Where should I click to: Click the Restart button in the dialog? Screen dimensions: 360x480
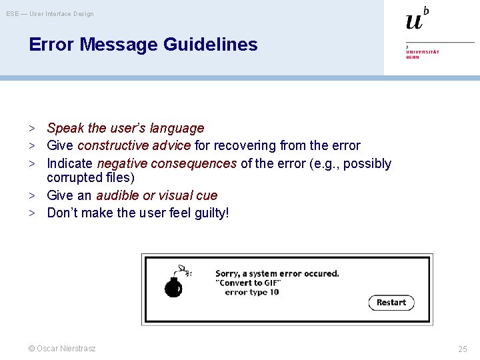pyautogui.click(x=391, y=303)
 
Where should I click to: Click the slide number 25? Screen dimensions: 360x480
pyautogui.click(x=463, y=349)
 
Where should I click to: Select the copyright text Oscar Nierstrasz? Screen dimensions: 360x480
pyautogui.click(x=61, y=349)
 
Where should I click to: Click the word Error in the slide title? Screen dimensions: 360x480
pyautogui.click(x=52, y=45)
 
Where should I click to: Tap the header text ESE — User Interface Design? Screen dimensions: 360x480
pyautogui.click(x=50, y=14)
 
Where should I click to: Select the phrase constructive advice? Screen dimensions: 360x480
pyautogui.click(x=134, y=145)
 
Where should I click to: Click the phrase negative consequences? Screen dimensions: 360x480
pyautogui.click(x=167, y=163)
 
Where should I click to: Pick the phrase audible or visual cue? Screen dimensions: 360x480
pyautogui.click(x=157, y=195)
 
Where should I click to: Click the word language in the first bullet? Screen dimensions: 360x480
pyautogui.click(x=178, y=128)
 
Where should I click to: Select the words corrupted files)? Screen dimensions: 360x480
pyautogui.click(x=91, y=178)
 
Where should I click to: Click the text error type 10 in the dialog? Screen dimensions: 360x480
pyautogui.click(x=252, y=293)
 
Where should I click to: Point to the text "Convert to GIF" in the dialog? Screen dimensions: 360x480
pyautogui.click(x=248, y=283)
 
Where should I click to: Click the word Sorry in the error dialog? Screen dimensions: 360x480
pyautogui.click(x=227, y=273)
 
